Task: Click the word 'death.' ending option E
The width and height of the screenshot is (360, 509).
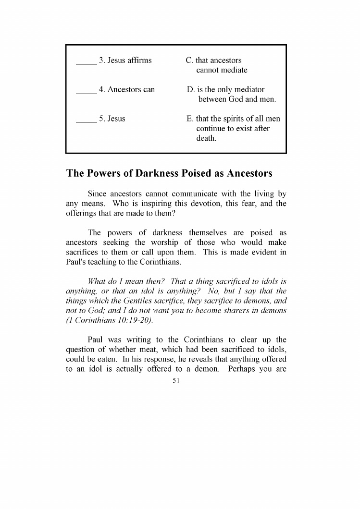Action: pos(206,139)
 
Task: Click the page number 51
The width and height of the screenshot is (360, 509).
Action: pos(175,380)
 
